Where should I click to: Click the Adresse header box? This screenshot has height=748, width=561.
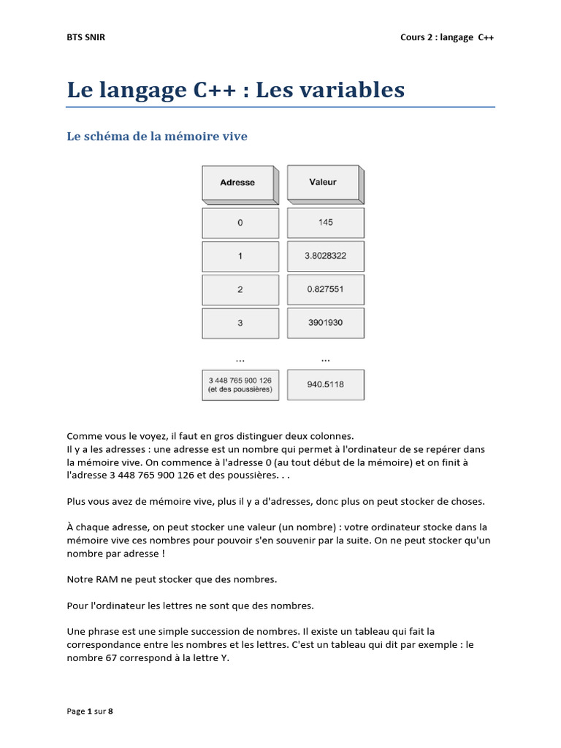(x=238, y=183)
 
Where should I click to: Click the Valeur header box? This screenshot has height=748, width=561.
(x=324, y=182)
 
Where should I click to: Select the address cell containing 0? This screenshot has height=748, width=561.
(x=240, y=223)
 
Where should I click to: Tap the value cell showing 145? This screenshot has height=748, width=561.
(x=325, y=222)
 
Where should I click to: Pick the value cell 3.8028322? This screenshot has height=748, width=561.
(x=325, y=256)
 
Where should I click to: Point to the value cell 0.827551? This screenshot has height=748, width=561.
(x=325, y=289)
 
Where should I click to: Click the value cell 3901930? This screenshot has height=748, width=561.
(x=325, y=322)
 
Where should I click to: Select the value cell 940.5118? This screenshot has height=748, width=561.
(x=325, y=384)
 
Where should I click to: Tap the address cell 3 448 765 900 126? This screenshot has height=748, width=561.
(x=240, y=385)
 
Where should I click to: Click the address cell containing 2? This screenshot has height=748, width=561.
(x=240, y=290)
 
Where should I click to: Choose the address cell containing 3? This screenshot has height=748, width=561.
(x=240, y=323)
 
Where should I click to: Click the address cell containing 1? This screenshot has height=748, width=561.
(x=240, y=256)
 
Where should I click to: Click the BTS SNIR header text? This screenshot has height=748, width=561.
(x=86, y=37)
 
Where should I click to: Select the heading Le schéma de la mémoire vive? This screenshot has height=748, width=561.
(x=157, y=136)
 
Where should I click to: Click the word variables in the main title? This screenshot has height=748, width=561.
(x=357, y=90)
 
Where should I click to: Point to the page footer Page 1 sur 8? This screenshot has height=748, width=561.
(x=90, y=711)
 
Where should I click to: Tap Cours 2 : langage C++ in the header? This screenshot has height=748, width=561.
(x=447, y=37)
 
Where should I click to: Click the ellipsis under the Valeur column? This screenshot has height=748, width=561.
(x=325, y=358)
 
